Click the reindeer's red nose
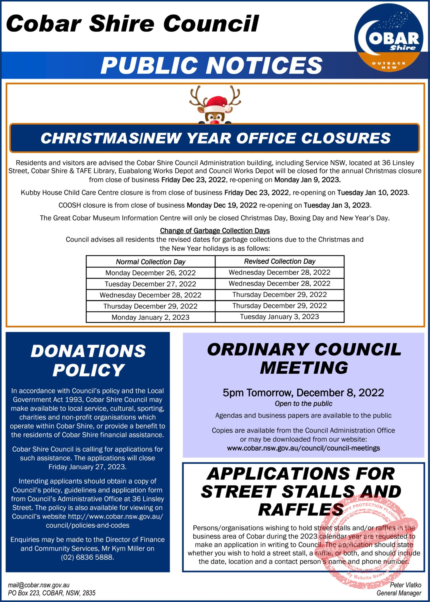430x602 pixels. pos(215,121)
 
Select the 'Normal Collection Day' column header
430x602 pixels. pos(150,262)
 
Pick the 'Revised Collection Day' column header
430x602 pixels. pos(280,261)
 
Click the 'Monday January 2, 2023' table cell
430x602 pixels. pos(150,317)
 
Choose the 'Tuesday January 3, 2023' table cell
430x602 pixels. pos(280,317)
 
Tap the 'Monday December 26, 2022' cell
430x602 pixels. pos(150,273)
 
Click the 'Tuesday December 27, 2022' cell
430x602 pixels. pos(150,284)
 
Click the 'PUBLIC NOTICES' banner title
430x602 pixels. pos(211,65)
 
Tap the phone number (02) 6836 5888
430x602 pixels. pos(87,557)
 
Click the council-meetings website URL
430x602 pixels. pos(304,448)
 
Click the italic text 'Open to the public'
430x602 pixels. pos(304,404)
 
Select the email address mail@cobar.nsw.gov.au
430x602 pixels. pos(39,585)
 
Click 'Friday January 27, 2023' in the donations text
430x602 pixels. pos(87,467)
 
